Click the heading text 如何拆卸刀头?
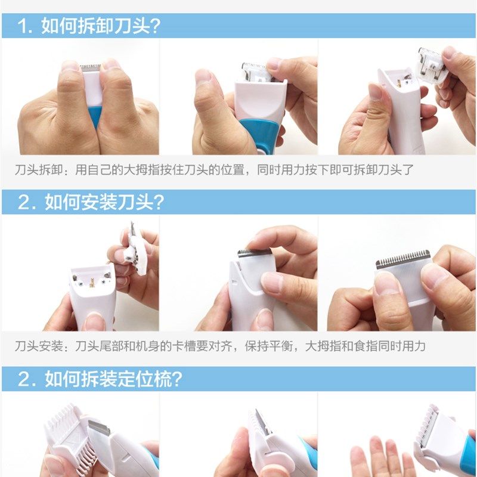click(x=102, y=26)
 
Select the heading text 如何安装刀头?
click(x=104, y=202)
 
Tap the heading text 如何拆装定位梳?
click(x=113, y=379)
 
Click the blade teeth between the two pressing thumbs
click(x=89, y=69)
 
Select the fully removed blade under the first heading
click(x=430, y=64)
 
